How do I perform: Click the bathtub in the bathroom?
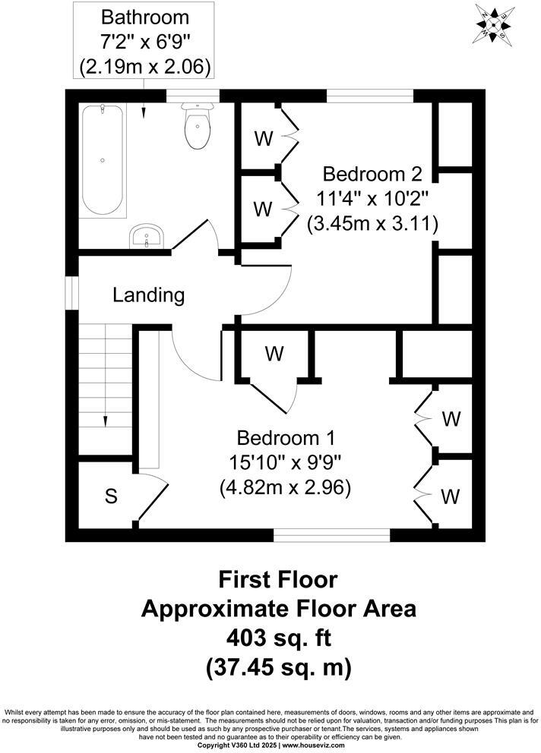[x=103, y=160]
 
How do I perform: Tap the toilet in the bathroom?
[x=197, y=128]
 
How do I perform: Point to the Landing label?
[x=148, y=295]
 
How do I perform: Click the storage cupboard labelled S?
[x=111, y=497]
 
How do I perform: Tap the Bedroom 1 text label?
[x=285, y=438]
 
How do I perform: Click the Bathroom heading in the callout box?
[x=144, y=16]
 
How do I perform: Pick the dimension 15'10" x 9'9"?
[x=285, y=462]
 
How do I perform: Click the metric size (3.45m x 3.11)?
[x=373, y=224]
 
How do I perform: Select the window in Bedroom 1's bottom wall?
[x=331, y=535]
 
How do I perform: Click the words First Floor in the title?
[x=278, y=581]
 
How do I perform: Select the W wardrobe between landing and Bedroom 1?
[x=274, y=353]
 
